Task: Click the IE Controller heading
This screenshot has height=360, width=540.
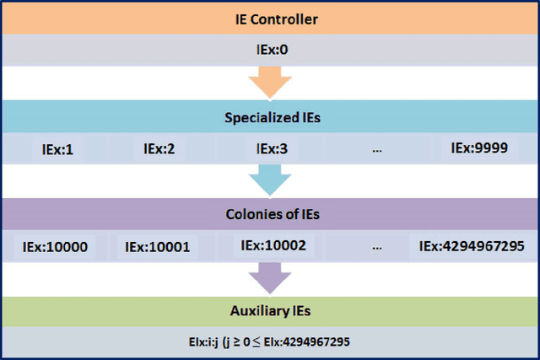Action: pyautogui.click(x=270, y=18)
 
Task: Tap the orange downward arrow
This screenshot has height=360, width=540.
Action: pyautogui.click(x=270, y=83)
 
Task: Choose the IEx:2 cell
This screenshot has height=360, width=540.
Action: pyautogui.click(x=159, y=149)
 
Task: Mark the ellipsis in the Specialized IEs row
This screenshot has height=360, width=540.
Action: pyautogui.click(x=376, y=150)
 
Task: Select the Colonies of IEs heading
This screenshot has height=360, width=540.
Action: pyautogui.click(x=270, y=214)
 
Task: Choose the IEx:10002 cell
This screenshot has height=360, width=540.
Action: pyautogui.click(x=273, y=246)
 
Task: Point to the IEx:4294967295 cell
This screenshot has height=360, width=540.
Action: pyautogui.click(x=472, y=247)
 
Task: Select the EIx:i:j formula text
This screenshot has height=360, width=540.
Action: pyautogui.click(x=270, y=342)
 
